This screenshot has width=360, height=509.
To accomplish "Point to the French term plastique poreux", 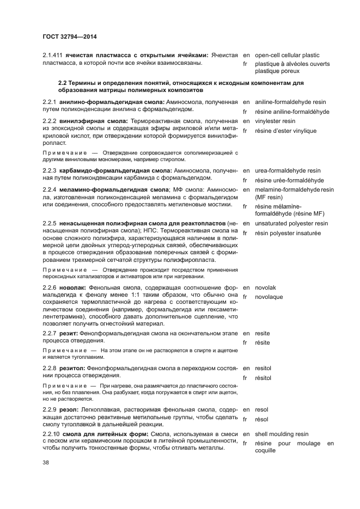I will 277,71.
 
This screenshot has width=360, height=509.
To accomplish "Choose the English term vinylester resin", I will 275,121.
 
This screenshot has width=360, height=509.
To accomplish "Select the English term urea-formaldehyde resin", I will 288,170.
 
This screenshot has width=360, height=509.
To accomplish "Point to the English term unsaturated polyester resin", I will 291,223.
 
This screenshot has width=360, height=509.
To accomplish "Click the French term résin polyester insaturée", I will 288,233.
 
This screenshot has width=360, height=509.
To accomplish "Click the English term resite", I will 263,333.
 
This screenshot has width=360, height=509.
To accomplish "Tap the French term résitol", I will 263,378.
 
